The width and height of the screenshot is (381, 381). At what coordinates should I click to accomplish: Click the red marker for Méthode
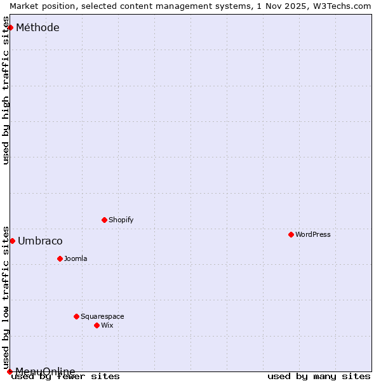point(10,27)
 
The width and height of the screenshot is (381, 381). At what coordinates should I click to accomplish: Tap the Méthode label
point(37,27)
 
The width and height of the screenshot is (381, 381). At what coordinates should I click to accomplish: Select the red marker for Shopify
point(104,220)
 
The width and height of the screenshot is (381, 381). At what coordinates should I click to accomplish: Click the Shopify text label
point(121,220)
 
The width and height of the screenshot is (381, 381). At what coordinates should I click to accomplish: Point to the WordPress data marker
point(291,234)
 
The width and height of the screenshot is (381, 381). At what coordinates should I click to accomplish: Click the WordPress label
point(312,234)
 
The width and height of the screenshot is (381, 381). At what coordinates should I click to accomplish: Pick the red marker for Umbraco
point(12,241)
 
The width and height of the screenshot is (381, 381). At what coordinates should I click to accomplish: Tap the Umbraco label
point(40,241)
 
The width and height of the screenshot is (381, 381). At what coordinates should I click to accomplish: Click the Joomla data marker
point(60,258)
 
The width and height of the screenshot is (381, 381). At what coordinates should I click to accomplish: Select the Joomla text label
point(76,258)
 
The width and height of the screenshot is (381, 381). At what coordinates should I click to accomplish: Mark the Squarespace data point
point(76,316)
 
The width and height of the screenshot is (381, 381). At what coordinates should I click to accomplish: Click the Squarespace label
point(102,316)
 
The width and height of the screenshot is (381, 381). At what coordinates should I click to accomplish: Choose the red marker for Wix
point(97,325)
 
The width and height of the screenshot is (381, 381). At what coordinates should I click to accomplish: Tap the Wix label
point(107,325)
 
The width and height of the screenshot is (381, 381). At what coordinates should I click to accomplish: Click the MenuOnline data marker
point(10,371)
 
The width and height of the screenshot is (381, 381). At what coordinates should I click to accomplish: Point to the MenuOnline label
point(45,371)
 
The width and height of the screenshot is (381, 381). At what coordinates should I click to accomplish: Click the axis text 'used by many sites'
point(319,376)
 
